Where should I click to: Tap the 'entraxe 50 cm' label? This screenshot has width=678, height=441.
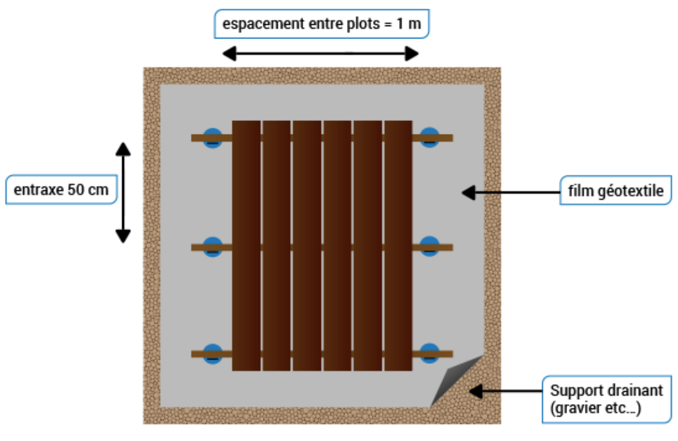[x=61, y=190]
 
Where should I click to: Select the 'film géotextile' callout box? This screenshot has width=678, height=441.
[x=616, y=192]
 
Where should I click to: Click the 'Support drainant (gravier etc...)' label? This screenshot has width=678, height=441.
[x=606, y=399]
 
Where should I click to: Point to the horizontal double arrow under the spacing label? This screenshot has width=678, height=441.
[x=320, y=55]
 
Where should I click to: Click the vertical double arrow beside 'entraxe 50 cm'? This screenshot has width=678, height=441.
[x=122, y=193]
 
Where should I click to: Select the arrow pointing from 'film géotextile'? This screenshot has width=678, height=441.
[x=510, y=193]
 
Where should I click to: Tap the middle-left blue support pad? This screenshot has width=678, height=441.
[x=212, y=247]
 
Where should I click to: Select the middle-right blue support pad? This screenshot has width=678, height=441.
[x=429, y=247]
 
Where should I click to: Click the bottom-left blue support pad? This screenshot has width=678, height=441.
[x=212, y=353]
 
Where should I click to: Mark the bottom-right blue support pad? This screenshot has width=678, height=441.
[x=429, y=353]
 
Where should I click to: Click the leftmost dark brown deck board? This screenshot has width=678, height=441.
[x=246, y=245]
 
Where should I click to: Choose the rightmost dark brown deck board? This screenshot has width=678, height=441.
[x=398, y=245]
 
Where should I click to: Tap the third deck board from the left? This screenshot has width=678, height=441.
[x=307, y=245]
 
